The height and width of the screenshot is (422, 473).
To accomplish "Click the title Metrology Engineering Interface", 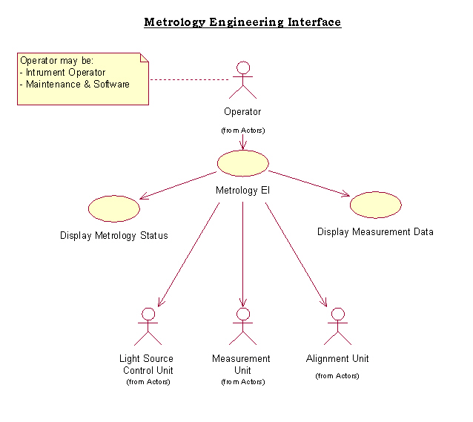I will click(x=242, y=22).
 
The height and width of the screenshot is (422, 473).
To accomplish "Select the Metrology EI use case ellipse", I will click(x=242, y=162).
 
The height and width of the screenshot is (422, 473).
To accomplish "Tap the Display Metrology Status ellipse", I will click(x=114, y=208).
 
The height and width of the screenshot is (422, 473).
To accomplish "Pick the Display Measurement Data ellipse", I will click(x=375, y=205).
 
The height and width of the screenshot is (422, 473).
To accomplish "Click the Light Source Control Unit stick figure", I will click(x=148, y=326).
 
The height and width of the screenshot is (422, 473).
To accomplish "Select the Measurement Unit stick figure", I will click(x=242, y=326).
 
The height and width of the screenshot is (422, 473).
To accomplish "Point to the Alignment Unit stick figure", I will click(x=338, y=326).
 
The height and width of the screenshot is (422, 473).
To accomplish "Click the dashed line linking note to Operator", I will click(x=189, y=79).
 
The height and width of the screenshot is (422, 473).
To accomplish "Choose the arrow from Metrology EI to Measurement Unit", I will click(x=242, y=252).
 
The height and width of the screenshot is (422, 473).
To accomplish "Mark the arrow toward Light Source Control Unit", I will click(x=189, y=252).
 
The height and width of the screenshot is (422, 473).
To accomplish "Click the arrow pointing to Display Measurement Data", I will click(x=308, y=183).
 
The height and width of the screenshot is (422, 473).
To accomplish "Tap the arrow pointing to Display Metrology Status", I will click(x=178, y=185).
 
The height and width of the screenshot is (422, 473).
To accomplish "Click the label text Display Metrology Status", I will click(x=114, y=236).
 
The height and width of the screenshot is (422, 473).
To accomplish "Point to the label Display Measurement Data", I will click(x=375, y=232).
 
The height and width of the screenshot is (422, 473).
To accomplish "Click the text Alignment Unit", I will click(x=337, y=359).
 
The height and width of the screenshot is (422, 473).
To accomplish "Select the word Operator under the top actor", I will click(x=242, y=113).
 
